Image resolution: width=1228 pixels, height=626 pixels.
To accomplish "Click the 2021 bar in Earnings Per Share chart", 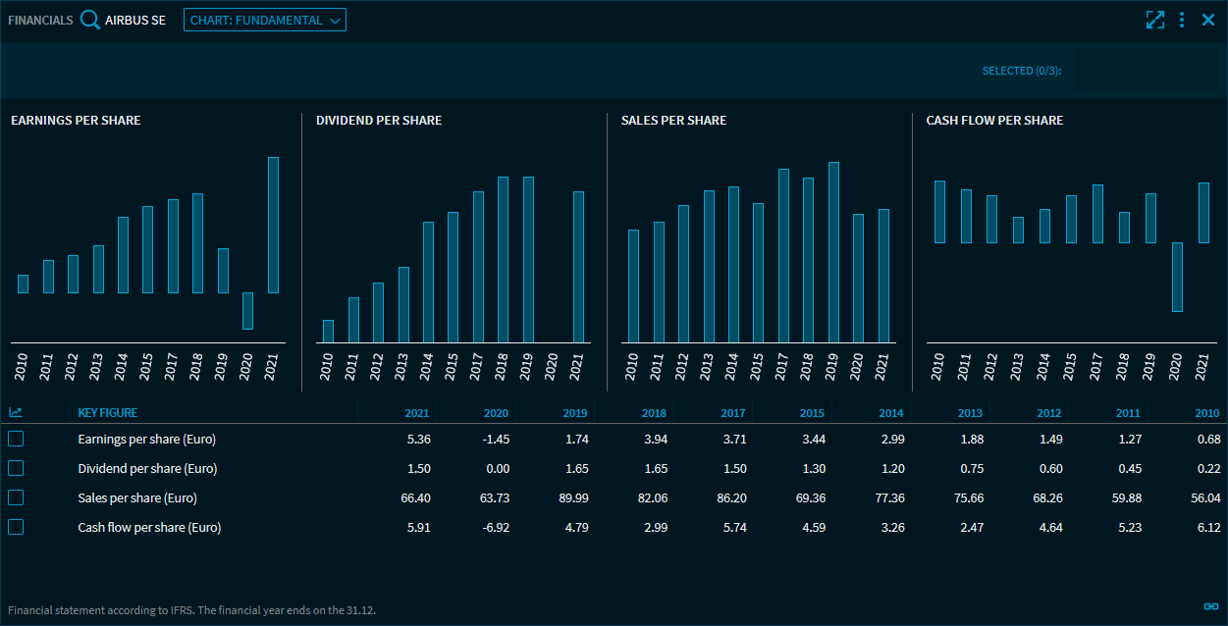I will [273, 225].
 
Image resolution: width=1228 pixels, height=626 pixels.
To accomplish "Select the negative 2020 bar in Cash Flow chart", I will [1177, 277].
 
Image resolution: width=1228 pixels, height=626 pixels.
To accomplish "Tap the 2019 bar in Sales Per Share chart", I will [833, 252].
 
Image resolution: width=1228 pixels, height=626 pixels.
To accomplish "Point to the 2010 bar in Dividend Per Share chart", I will [328, 331].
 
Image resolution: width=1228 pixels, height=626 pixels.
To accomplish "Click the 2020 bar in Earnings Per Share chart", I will [247, 310].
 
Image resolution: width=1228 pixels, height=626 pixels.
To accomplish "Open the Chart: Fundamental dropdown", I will [265, 20].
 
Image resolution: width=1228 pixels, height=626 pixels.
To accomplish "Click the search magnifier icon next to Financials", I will [90, 20].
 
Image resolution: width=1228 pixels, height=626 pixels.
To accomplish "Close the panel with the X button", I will [1208, 20].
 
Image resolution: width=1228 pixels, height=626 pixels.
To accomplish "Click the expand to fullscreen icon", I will [1155, 20].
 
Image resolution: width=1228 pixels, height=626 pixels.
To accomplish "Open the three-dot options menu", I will [1182, 20].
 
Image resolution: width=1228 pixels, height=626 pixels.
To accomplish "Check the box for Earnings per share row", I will [16, 439].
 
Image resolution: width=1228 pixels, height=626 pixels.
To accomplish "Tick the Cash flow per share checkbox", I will [16, 527].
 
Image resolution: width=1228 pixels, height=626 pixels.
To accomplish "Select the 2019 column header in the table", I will [575, 413].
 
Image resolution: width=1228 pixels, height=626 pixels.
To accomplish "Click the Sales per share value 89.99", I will [573, 497].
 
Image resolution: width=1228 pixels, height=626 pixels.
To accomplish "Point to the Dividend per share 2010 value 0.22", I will [1207, 468].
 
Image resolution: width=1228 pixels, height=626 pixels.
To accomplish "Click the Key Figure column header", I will [108, 413].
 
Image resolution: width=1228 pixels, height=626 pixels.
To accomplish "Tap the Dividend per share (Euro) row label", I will [147, 468].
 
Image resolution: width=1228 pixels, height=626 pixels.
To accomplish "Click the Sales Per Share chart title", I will [673, 120].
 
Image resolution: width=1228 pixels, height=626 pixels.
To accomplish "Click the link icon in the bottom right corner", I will [1210, 606].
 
